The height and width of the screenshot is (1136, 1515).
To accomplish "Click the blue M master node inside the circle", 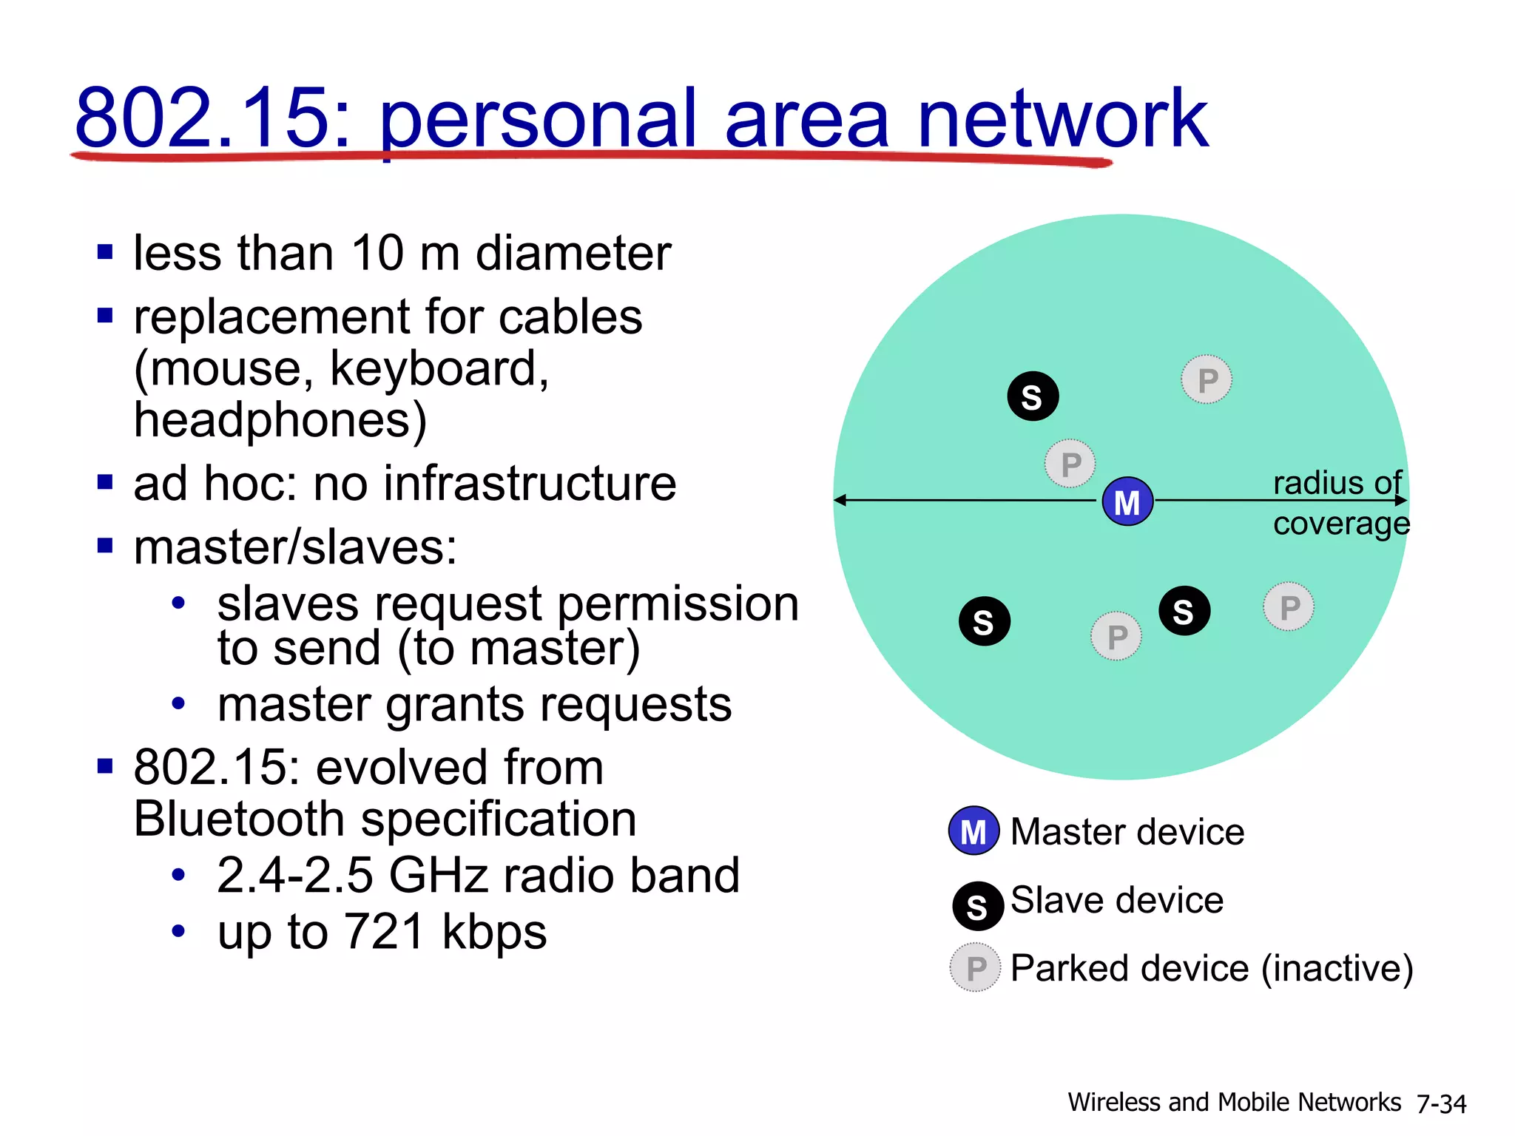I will tap(1127, 501).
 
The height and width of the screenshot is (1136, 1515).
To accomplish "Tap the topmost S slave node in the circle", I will tap(1033, 396).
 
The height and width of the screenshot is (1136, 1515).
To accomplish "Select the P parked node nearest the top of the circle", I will tap(1207, 380).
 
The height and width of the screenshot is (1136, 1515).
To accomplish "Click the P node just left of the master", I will tap(1070, 464).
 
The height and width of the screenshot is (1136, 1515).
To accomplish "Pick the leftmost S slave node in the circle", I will tap(985, 621).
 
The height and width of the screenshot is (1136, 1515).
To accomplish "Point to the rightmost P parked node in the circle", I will tap(1289, 607).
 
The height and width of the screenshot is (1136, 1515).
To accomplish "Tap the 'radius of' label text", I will tap(1337, 483).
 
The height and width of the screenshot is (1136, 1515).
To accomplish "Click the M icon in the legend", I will tap(974, 831).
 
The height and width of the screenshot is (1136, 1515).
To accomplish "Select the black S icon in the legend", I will tap(977, 906).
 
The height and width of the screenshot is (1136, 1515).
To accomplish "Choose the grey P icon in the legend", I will tap(975, 967).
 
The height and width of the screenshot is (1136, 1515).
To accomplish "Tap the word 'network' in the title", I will tap(1062, 118).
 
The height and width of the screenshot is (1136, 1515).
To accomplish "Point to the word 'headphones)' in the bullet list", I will tap(280, 420).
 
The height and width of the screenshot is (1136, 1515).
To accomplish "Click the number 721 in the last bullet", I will tap(384, 931).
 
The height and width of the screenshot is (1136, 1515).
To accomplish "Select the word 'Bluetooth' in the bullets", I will tap(239, 819).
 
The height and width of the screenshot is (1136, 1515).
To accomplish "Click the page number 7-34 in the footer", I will tap(1441, 1103).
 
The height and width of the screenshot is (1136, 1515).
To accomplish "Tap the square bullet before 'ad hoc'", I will tap(105, 483).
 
